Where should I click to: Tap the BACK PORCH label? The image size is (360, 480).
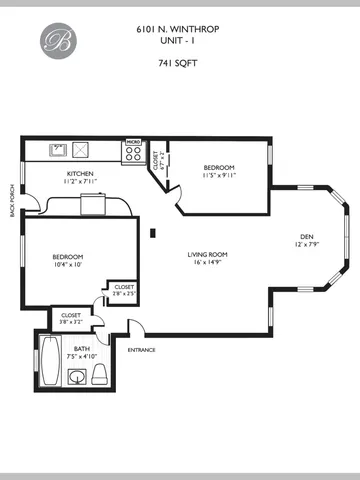coord(13,198)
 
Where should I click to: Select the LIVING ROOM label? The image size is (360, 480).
coord(208,255)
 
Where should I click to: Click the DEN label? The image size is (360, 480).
coord(304,238)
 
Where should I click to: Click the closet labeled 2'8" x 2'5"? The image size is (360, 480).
coord(123,290)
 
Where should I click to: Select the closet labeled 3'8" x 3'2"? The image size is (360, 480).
coord(71,318)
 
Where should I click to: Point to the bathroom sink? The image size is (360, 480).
coord(77,378)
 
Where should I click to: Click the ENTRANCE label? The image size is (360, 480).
coord(140,349)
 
